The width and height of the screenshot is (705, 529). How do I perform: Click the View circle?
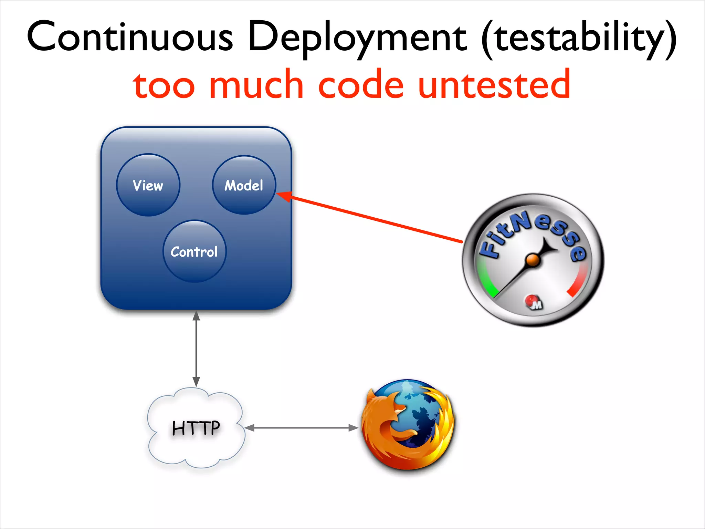(148, 185)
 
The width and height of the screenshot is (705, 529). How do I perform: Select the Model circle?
(244, 185)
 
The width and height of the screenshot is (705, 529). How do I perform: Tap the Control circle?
(194, 251)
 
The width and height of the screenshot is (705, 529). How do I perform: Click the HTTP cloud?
(196, 428)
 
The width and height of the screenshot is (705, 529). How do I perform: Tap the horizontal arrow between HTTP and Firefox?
(302, 428)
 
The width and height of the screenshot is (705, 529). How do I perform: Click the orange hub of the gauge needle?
(533, 260)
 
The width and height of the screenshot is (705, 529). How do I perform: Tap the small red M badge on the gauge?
(534, 302)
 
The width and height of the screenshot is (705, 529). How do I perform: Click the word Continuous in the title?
(130, 37)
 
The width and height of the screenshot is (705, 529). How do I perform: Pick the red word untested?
(494, 84)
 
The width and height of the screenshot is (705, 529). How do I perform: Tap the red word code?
(360, 84)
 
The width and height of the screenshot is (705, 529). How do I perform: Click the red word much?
(256, 84)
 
